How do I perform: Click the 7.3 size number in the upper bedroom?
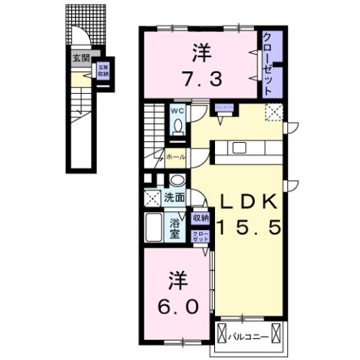click(199, 76)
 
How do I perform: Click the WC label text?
click(178, 111)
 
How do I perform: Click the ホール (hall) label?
click(175, 157)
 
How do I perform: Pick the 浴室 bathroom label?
click(175, 227)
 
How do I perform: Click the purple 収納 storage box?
click(200, 218)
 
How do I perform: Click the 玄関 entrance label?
click(80, 57)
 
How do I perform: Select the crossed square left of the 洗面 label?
click(150, 199)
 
